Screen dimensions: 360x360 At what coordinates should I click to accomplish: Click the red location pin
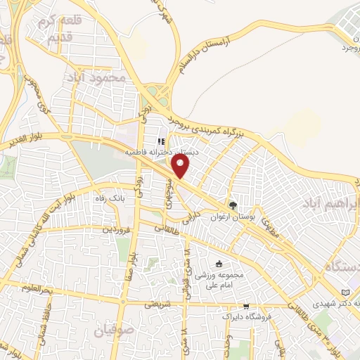coord(181,167)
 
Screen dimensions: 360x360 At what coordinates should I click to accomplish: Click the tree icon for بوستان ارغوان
coord(233,205)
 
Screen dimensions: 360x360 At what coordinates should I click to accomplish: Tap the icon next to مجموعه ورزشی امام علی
coord(219,264)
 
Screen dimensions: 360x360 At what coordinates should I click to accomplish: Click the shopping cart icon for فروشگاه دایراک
coord(245,306)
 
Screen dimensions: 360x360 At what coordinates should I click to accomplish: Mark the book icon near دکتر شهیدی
coord(345,292)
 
